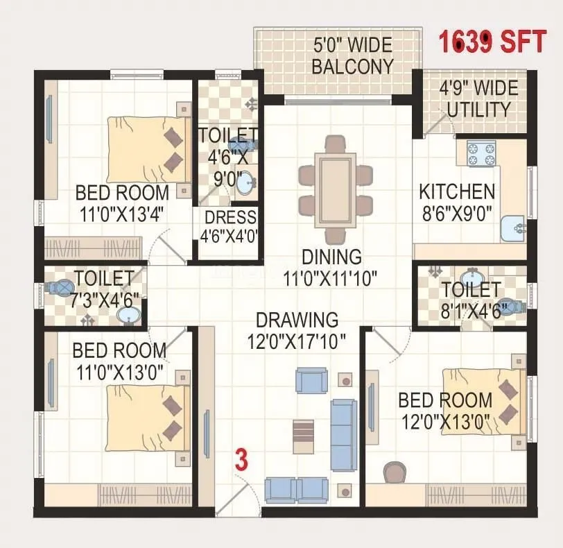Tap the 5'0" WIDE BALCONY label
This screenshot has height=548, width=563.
click(x=353, y=56)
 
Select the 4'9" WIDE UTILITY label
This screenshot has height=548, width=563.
click(x=478, y=99)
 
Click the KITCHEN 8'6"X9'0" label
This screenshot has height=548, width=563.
click(x=457, y=201)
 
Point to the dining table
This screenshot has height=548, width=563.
click(x=336, y=189)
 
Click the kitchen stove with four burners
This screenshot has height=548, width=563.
click(x=481, y=153)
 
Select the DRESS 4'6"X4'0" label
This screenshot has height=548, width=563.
click(x=229, y=226)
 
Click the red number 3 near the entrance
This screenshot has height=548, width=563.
click(x=241, y=460)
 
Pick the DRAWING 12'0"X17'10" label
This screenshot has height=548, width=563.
click(x=297, y=330)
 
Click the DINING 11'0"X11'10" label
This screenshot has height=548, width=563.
click(x=331, y=267)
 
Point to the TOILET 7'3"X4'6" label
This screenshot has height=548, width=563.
click(x=106, y=288)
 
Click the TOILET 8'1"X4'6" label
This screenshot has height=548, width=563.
click(x=471, y=299)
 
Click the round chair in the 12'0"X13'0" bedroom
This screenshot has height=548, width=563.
click(x=396, y=472)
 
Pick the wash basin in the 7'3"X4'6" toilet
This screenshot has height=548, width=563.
click(x=128, y=316)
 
